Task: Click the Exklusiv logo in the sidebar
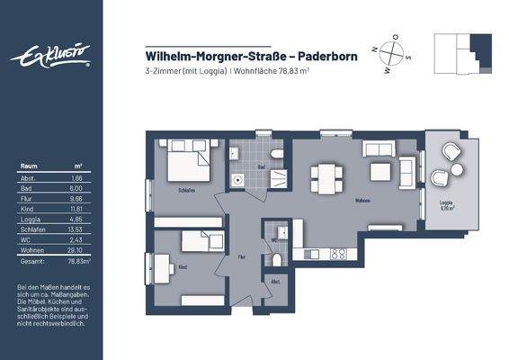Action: [x=50, y=57]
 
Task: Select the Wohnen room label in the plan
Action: [x=363, y=201]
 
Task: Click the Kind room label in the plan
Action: [x=183, y=267]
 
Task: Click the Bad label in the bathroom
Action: [x=260, y=166]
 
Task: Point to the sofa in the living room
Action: [x=381, y=148]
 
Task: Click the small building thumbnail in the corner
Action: [x=462, y=54]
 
